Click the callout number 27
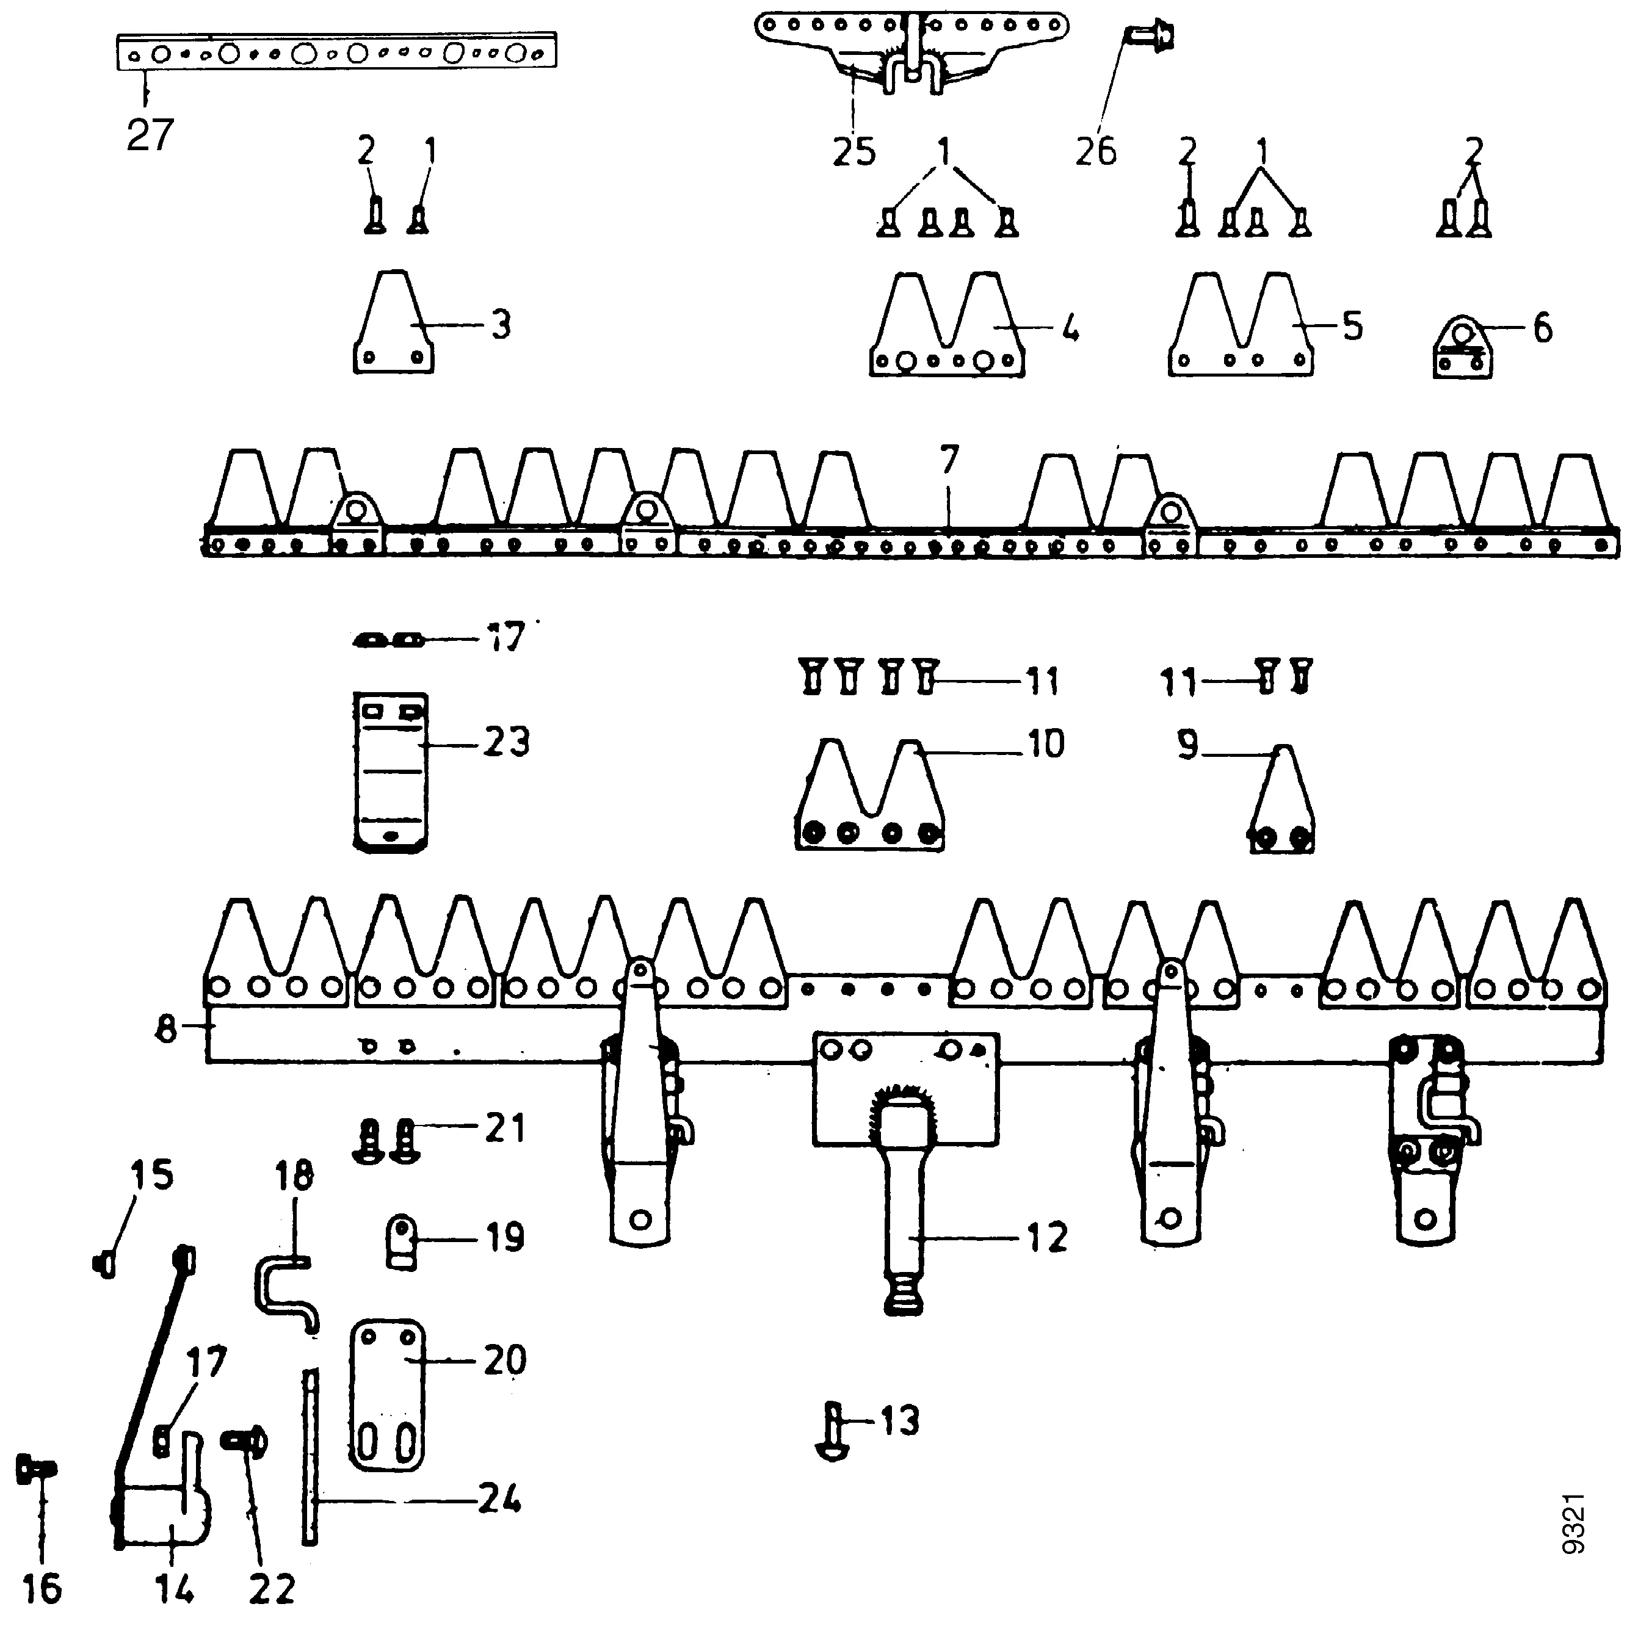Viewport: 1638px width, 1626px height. (x=150, y=135)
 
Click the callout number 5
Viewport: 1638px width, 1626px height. (x=1352, y=325)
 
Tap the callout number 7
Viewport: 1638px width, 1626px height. (x=949, y=460)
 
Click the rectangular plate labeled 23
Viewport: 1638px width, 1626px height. (x=389, y=771)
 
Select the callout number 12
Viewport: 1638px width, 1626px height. (x=1047, y=1238)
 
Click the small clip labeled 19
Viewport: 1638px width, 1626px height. (x=402, y=1242)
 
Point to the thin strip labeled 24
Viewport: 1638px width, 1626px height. (x=310, y=1458)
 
